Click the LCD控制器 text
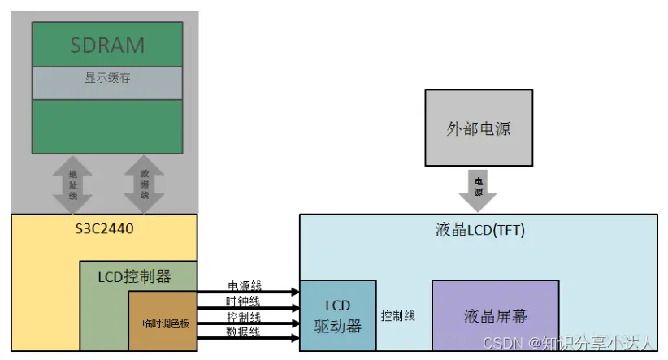click(x=137, y=276)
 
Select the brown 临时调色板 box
click(x=162, y=323)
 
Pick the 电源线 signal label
click(x=243, y=287)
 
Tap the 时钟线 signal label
click(x=243, y=301)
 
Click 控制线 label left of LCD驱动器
click(x=243, y=317)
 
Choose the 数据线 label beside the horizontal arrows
click(x=243, y=332)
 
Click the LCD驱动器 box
click(x=338, y=315)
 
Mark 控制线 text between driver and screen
click(x=398, y=315)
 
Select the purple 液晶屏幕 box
click(x=495, y=315)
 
